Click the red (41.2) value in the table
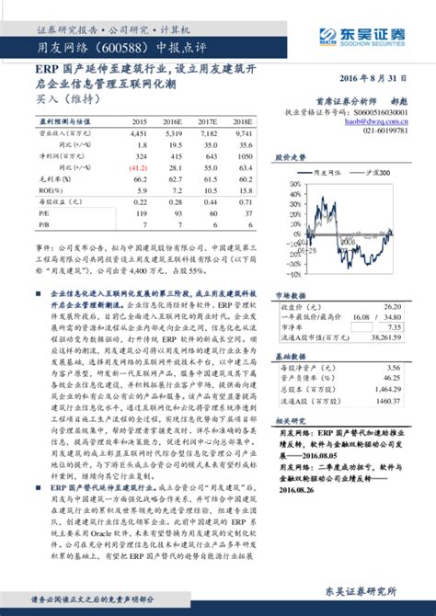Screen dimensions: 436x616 [139, 167]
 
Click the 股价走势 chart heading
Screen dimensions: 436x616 [292, 158]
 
